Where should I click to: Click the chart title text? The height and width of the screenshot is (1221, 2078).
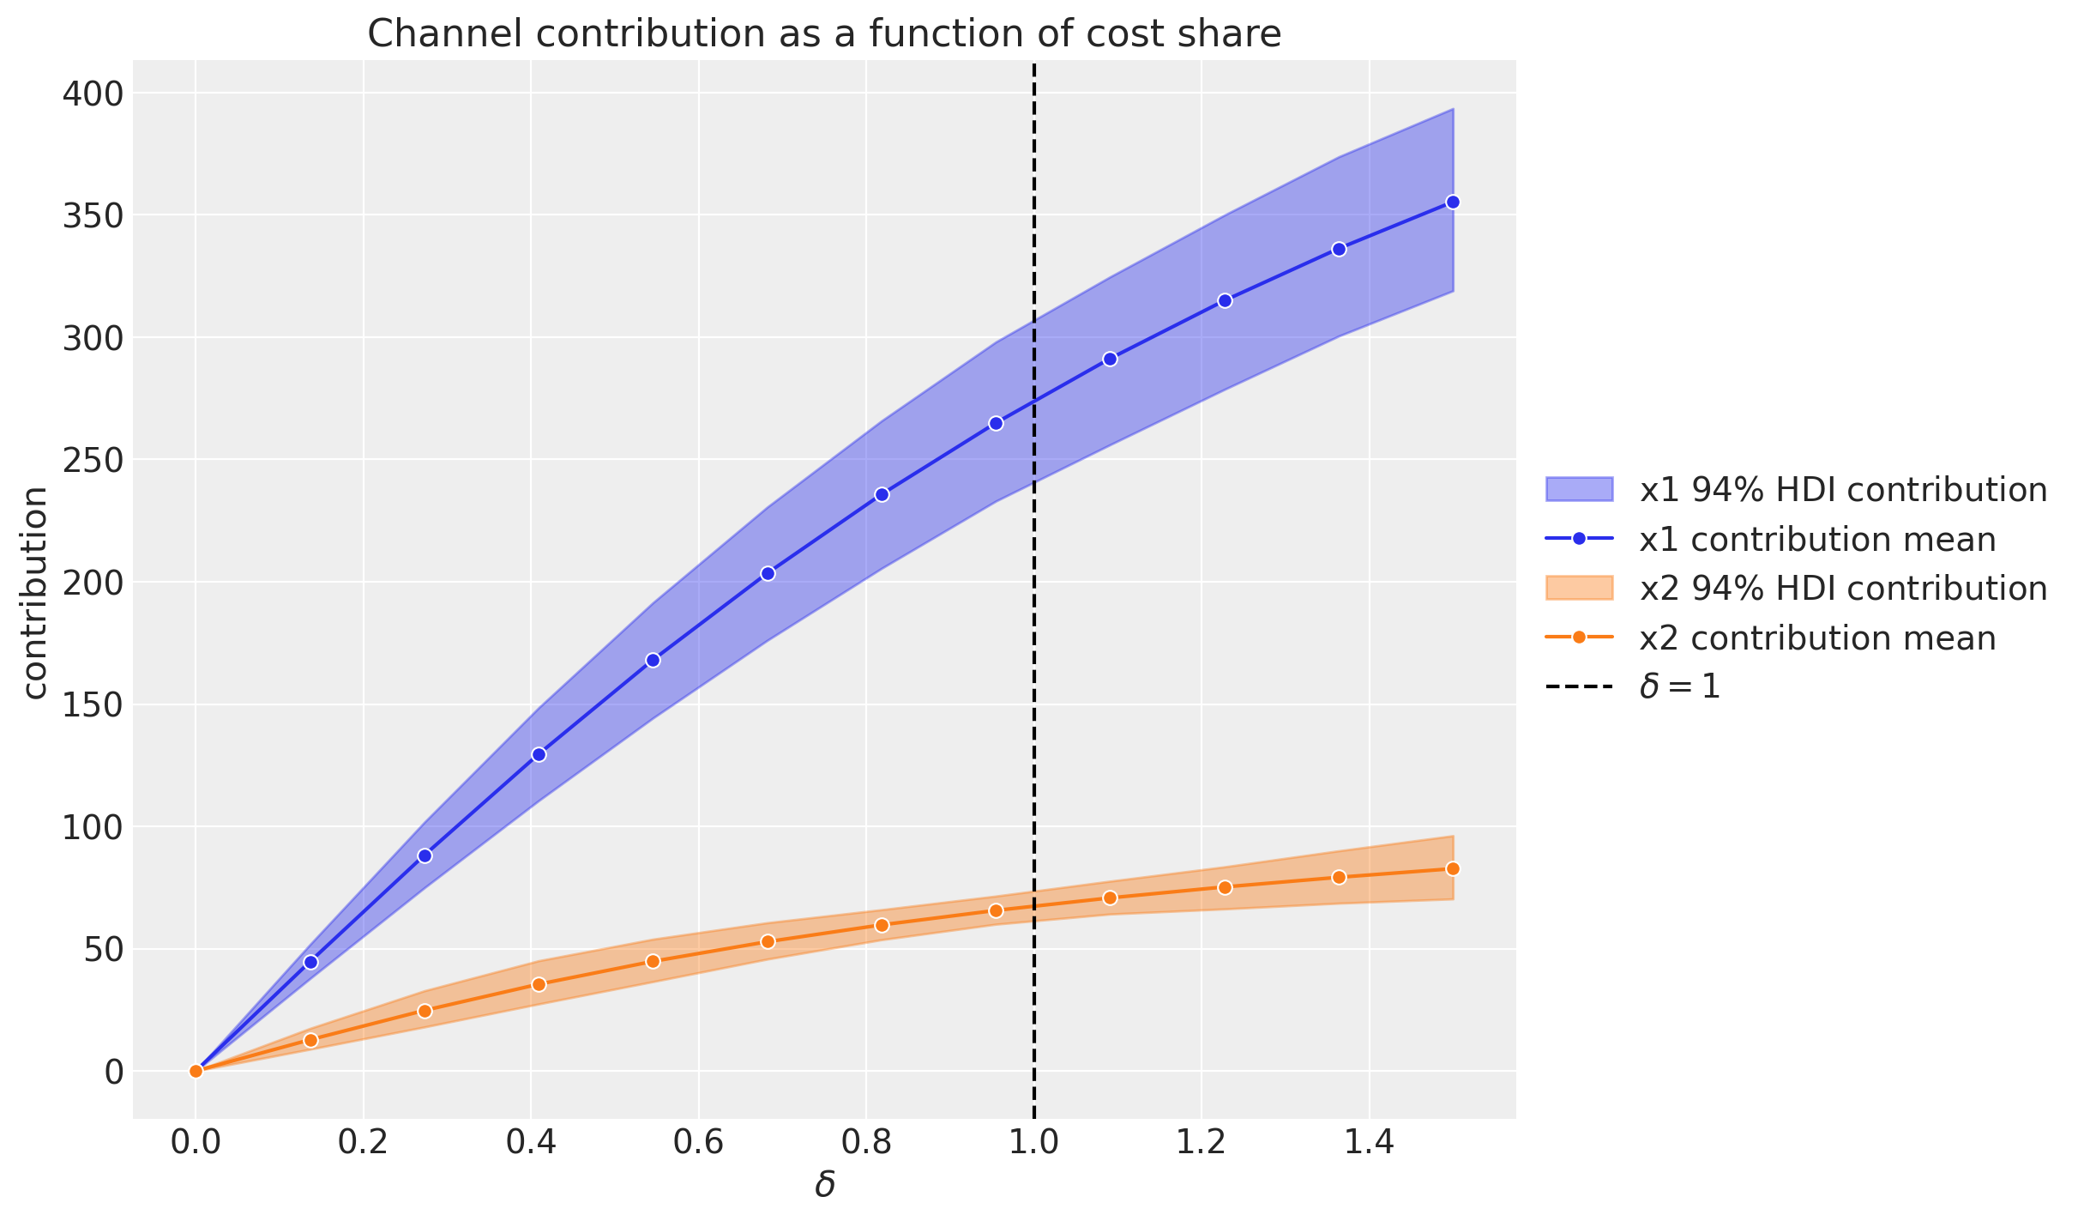point(823,34)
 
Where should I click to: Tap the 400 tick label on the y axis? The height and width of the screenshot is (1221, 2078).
point(93,93)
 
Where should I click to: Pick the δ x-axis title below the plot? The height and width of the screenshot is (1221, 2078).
point(824,1186)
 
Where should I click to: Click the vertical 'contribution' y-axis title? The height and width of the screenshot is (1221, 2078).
point(34,592)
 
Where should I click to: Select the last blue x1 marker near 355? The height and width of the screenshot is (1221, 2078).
point(1453,202)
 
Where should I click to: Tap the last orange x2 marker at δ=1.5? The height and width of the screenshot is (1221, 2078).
point(1453,868)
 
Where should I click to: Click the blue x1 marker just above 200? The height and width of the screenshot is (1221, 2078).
point(768,573)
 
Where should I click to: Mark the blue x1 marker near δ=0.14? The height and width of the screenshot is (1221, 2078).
point(310,962)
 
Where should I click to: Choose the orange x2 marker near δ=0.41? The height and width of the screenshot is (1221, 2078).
point(539,984)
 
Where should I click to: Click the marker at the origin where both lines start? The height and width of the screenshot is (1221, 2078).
point(196,1070)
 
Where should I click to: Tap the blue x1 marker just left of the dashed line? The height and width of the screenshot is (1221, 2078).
point(996,423)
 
